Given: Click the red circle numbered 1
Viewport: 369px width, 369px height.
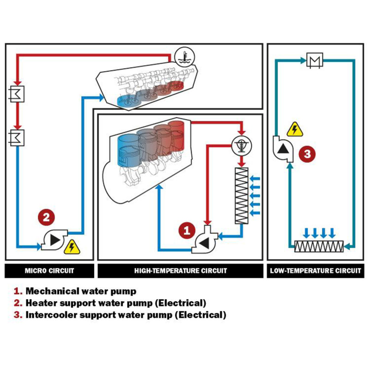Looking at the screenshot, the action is (x=187, y=230).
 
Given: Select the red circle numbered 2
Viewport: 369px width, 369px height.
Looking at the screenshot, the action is (x=47, y=217).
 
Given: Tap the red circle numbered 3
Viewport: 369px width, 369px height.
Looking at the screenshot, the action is (x=307, y=154).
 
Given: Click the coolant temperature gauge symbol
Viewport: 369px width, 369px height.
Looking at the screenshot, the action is (x=185, y=57).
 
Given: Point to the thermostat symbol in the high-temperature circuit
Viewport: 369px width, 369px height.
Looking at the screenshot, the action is (x=241, y=145).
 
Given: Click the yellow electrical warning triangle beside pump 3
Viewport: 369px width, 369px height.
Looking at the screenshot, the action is (x=295, y=130).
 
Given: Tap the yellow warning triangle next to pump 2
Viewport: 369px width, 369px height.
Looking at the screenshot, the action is (x=72, y=247).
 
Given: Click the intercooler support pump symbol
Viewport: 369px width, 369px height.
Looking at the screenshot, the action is (x=283, y=149).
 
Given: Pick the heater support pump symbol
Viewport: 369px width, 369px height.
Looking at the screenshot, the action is (x=54, y=240).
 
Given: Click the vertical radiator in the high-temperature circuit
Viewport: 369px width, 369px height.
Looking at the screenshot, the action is (x=242, y=196).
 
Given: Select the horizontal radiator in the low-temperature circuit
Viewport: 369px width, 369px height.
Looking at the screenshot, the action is (x=319, y=247).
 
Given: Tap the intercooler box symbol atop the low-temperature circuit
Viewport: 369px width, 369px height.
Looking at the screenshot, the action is (x=315, y=60).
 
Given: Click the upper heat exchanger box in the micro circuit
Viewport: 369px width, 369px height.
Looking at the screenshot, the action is (x=17, y=94).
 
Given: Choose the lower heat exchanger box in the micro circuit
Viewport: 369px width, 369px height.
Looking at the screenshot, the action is (x=17, y=138).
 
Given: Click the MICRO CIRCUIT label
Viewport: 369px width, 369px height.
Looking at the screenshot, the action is (x=49, y=271).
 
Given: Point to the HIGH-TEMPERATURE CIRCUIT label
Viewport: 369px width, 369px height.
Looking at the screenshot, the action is (x=180, y=271).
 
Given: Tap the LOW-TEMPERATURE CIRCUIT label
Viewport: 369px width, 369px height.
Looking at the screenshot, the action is (x=315, y=271).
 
